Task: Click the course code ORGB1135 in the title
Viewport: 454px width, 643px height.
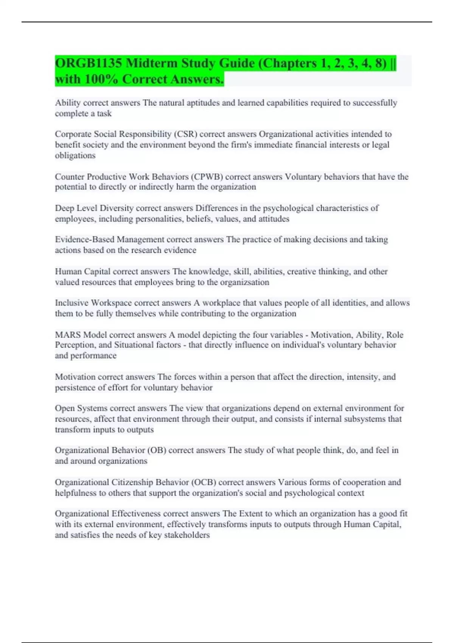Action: (89, 63)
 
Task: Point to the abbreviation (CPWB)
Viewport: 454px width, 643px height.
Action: (207, 177)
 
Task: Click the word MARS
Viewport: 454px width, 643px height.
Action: (68, 335)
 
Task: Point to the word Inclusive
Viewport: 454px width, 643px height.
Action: (72, 303)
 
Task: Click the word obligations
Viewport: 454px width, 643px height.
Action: (75, 155)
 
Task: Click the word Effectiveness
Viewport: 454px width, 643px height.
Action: (136, 514)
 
